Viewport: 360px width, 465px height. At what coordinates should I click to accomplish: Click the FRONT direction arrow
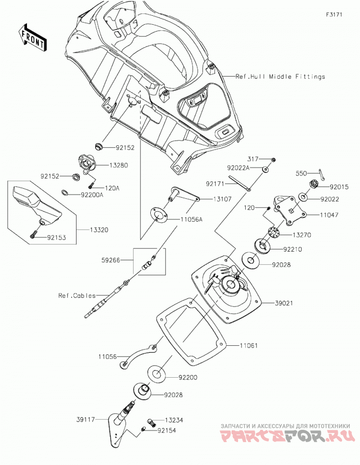click(x=32, y=37)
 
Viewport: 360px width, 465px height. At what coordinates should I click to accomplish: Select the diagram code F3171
click(x=334, y=14)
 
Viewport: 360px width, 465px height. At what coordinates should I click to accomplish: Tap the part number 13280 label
click(x=119, y=165)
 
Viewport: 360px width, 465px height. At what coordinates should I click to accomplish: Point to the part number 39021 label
click(x=283, y=303)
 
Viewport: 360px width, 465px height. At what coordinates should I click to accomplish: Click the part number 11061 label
click(x=248, y=346)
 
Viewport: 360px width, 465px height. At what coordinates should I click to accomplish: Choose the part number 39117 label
click(x=85, y=420)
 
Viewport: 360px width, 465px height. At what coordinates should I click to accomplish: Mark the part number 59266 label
click(x=111, y=260)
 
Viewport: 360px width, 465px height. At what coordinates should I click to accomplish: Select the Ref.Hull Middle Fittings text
click(x=280, y=77)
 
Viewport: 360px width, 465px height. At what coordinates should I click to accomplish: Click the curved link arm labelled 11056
click(x=137, y=356)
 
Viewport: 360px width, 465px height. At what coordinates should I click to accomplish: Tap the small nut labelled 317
click(x=274, y=160)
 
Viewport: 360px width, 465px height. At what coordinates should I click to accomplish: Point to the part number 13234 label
click(x=174, y=420)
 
